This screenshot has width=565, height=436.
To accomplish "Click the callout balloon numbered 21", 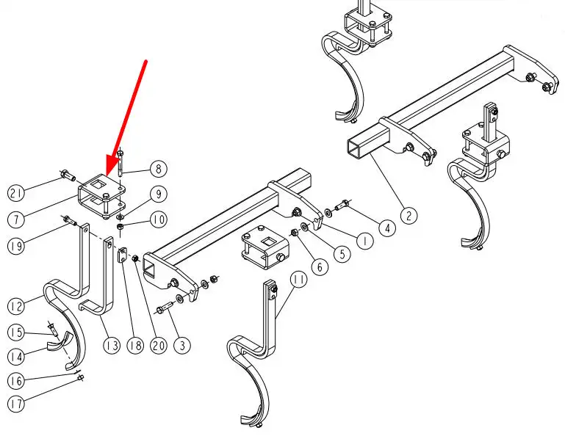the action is click(17, 193).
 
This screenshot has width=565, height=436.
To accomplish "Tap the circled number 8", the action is click(156, 169).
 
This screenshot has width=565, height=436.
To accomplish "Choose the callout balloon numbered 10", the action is click(158, 219).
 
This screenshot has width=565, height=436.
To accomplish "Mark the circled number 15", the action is click(17, 333).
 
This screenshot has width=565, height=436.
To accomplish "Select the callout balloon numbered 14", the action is click(17, 357).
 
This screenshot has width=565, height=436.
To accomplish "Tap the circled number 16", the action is click(17, 381).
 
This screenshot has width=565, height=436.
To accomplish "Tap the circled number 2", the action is click(409, 216).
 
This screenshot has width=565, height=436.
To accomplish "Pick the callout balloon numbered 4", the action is click(385, 228).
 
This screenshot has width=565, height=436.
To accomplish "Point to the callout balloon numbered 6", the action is click(318, 266).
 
